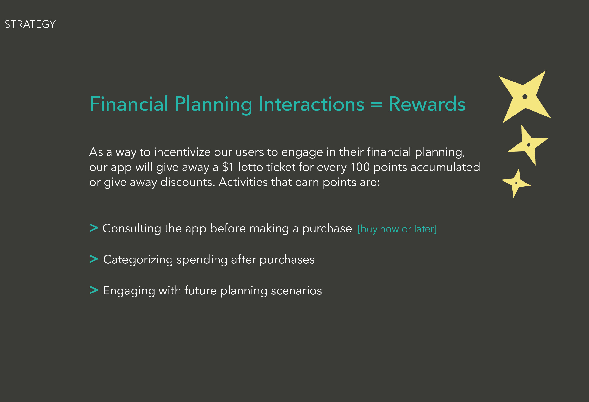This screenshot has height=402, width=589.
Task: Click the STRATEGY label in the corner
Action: click(x=30, y=24)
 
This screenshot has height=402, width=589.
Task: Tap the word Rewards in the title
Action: click(x=427, y=104)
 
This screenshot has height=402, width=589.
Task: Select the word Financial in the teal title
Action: click(x=129, y=104)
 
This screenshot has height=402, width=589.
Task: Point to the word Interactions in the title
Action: click(x=311, y=104)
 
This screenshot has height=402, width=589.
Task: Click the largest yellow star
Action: click(x=525, y=97)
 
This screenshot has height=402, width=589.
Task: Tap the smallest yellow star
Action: click(x=516, y=183)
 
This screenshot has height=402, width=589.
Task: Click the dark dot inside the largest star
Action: click(x=525, y=97)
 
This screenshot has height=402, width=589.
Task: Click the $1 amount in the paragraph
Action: click(x=228, y=167)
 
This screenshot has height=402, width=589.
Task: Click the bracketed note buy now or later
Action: click(x=397, y=229)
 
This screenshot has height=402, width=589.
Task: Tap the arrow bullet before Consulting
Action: click(x=94, y=228)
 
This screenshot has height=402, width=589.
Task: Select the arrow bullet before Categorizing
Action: click(x=94, y=259)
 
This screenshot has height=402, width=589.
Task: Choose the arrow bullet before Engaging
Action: click(x=94, y=290)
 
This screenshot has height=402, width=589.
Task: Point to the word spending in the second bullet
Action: click(x=202, y=260)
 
